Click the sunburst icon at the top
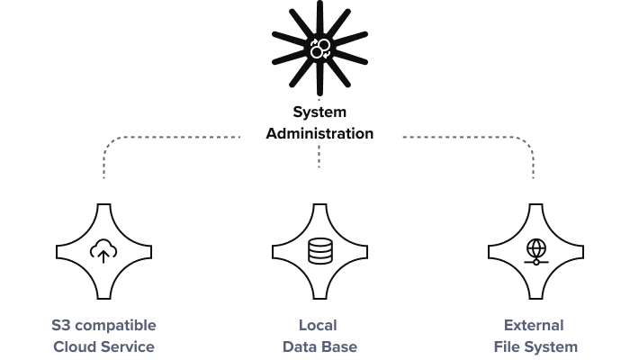(x=319, y=49)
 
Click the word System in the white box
(x=319, y=113)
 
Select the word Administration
(x=320, y=133)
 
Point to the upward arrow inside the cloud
(x=103, y=256)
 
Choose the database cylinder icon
(x=319, y=250)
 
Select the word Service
(x=127, y=346)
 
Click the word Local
(x=319, y=325)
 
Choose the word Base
(x=338, y=346)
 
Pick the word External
(x=535, y=325)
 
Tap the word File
(x=506, y=346)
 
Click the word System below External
(x=551, y=346)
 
